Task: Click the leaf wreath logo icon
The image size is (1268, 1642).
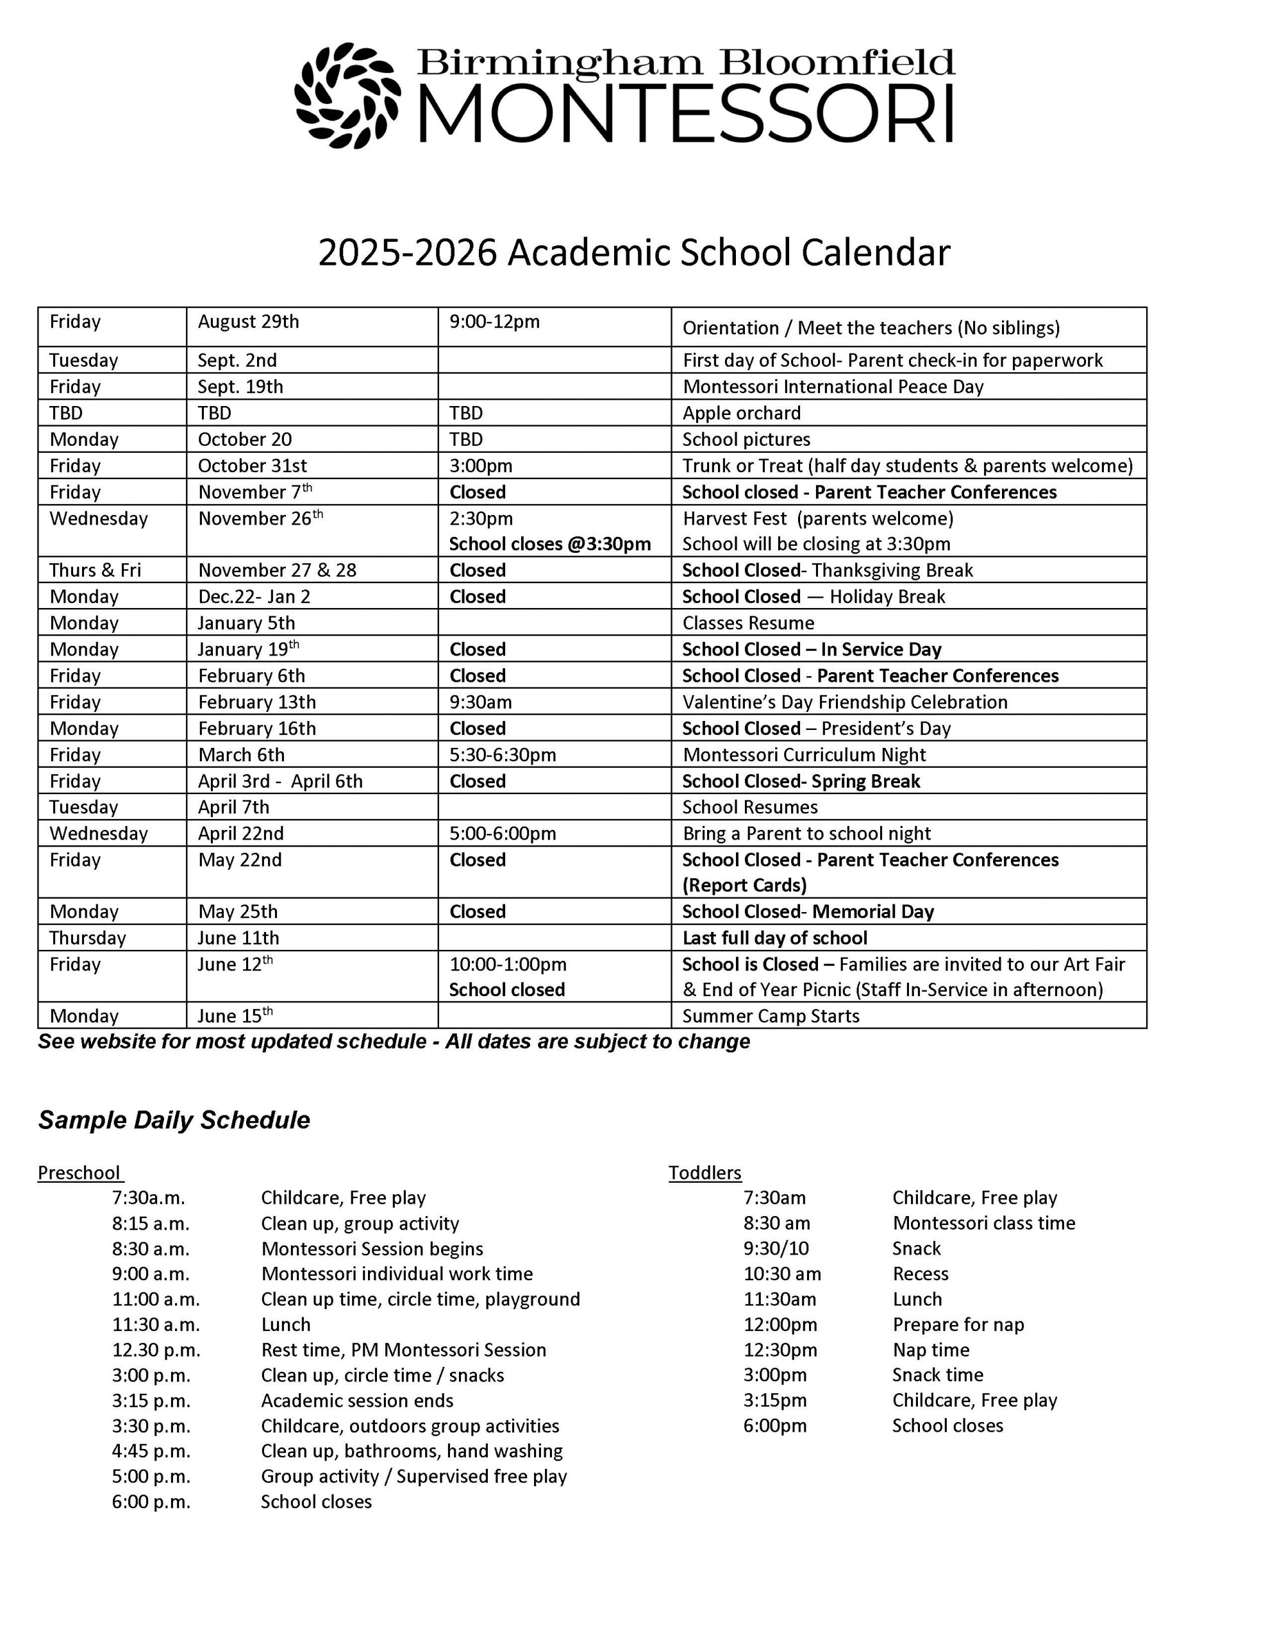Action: [x=347, y=96]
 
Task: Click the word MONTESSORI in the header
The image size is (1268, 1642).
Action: [x=685, y=114]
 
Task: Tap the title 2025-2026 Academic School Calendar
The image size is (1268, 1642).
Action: [x=633, y=253]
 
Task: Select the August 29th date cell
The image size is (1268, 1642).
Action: [x=248, y=322]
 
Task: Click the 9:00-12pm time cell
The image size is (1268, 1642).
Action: [x=495, y=322]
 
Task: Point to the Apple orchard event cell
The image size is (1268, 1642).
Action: [x=741, y=413]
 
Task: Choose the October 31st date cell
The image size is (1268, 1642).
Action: [x=252, y=466]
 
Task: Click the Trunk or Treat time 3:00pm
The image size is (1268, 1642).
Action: [x=481, y=466]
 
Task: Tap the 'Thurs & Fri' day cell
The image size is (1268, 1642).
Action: [x=95, y=570]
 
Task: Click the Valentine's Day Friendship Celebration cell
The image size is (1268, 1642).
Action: [x=845, y=702]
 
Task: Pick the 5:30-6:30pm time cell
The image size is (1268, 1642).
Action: [x=503, y=754]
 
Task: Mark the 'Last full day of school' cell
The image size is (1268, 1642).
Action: [x=774, y=938]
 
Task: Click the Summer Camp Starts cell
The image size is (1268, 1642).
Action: [x=771, y=1016]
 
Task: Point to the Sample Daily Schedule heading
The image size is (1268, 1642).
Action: [x=174, y=1119]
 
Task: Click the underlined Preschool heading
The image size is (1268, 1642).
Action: [x=79, y=1173]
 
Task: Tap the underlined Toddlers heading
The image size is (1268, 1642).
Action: [x=705, y=1173]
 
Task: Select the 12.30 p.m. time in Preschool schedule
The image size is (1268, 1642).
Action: [x=156, y=1350]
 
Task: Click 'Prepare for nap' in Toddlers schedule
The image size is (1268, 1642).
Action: [x=958, y=1324]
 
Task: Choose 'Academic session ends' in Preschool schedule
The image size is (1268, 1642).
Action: [x=357, y=1400]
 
